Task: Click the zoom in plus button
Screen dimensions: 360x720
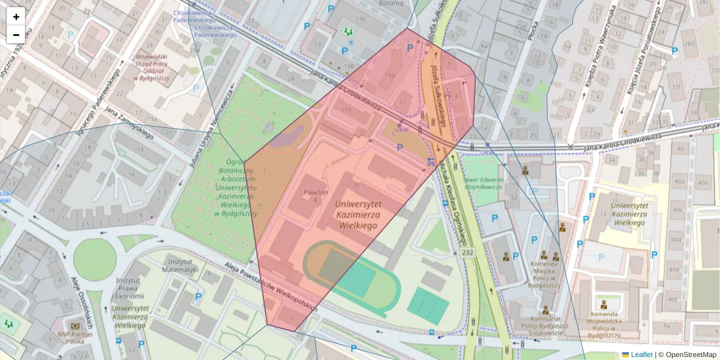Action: tap(16, 17)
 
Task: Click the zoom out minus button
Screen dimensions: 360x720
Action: tap(16, 35)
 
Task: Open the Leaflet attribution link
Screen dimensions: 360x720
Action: tap(641, 355)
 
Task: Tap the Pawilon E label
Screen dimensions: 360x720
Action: tap(316, 196)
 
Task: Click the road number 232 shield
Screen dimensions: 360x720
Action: tap(468, 253)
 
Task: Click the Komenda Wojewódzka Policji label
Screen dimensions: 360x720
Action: tap(604, 322)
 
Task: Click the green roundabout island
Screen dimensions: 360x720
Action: tap(95, 260)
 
